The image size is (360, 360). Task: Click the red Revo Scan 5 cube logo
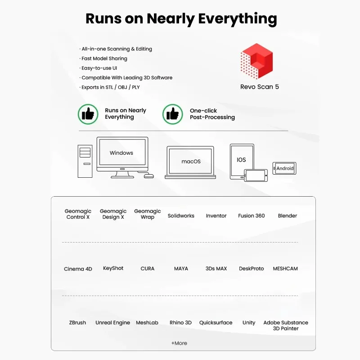(256, 61)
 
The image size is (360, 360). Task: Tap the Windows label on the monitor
(121, 153)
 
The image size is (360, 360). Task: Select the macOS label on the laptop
(191, 162)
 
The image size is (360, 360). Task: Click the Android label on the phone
(285, 168)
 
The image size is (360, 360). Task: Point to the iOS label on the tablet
(241, 160)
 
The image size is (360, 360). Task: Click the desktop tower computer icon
(85, 161)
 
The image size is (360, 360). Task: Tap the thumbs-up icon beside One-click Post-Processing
(173, 114)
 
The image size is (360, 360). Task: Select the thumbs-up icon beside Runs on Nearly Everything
(88, 114)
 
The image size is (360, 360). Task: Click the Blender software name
(287, 216)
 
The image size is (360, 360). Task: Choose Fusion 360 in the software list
(251, 216)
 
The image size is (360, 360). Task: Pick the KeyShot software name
(113, 268)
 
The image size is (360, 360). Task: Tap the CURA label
(148, 269)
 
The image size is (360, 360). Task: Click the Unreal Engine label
(112, 323)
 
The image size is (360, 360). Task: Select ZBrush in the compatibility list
(77, 323)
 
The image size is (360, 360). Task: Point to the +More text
(179, 343)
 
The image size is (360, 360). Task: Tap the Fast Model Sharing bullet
(103, 58)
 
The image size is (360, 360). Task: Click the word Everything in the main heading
(238, 19)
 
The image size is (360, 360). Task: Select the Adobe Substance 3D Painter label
(286, 325)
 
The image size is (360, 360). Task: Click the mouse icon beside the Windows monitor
(149, 176)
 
